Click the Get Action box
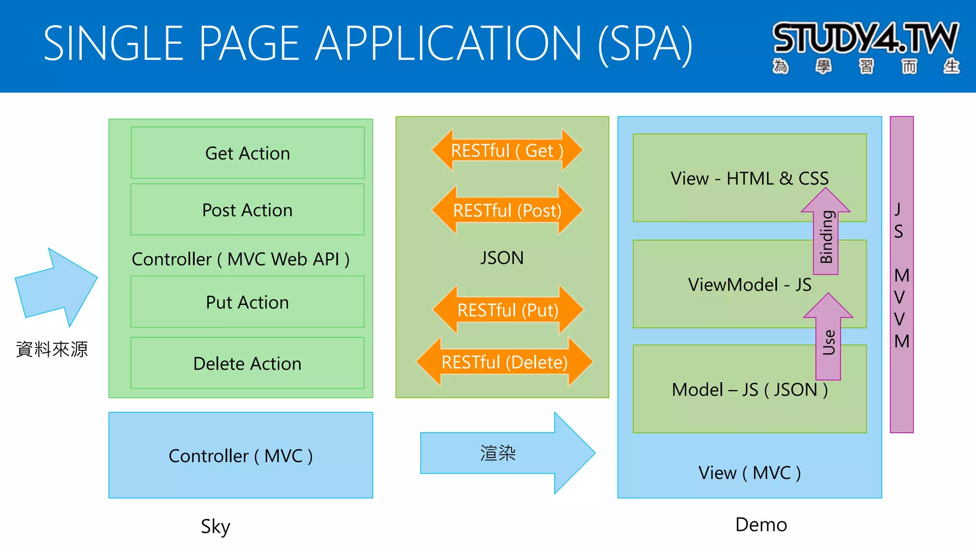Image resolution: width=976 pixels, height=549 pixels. point(247,153)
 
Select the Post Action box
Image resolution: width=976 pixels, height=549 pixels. point(247,210)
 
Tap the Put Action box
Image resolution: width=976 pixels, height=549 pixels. point(247,302)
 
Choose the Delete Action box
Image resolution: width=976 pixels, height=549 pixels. point(247,363)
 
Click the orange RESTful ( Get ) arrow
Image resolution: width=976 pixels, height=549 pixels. point(507,151)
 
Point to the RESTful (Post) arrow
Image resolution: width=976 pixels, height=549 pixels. point(507,210)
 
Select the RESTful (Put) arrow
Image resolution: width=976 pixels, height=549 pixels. point(508,310)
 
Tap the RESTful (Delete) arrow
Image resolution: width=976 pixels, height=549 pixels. point(504,362)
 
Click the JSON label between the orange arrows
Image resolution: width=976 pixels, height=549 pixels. point(502,258)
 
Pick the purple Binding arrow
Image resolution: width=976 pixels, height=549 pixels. point(826,234)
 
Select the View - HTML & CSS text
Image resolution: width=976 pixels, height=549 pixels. point(749,178)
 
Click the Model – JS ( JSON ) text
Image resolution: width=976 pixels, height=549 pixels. point(749,390)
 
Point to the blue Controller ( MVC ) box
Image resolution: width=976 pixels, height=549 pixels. point(241,456)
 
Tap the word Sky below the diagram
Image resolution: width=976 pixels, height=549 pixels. point(215,526)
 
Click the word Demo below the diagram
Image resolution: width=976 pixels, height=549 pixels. point(761,524)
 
